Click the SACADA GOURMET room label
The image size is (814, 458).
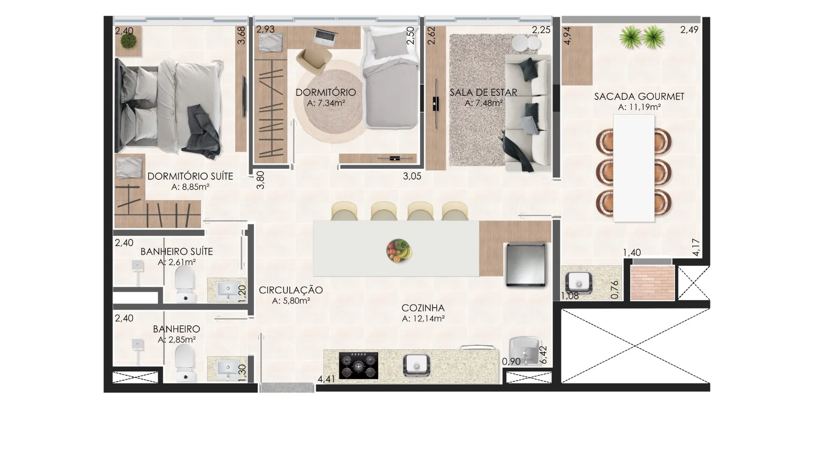[x=639, y=97]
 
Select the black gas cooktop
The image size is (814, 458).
[x=359, y=365]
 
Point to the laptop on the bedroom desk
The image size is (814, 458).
[x=326, y=36]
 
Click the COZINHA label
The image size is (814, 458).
[x=423, y=308]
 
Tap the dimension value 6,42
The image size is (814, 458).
[x=543, y=355]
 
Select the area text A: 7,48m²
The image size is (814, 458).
[x=484, y=103]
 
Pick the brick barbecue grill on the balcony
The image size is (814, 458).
[x=652, y=283]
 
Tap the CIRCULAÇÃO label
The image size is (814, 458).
[x=291, y=290]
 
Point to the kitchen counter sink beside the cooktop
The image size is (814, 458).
[x=417, y=366]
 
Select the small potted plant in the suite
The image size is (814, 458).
[x=128, y=41]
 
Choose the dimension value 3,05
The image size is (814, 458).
[x=412, y=176]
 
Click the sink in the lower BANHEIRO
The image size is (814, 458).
[x=227, y=369]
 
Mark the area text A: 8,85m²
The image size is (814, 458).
[x=190, y=187]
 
